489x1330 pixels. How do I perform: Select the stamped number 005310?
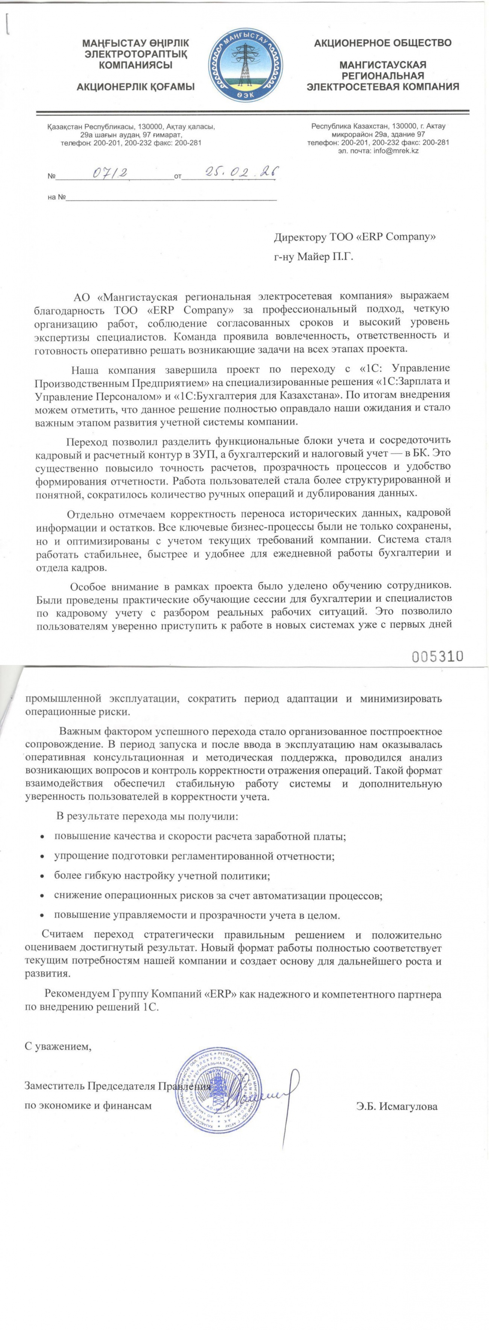click(x=437, y=656)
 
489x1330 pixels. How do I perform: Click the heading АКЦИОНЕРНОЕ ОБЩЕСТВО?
click(x=383, y=43)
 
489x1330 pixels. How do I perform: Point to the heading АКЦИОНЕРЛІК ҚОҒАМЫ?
click(x=135, y=87)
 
